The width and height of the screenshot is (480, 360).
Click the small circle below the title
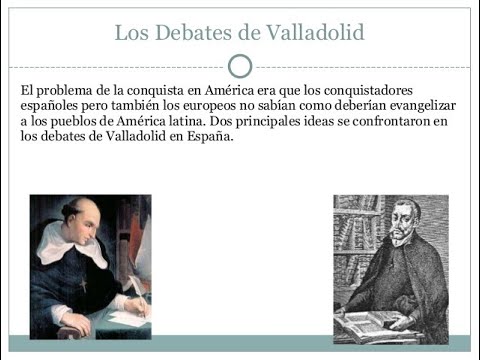(240, 66)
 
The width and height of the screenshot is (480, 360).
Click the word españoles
(51, 106)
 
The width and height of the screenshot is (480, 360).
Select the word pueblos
(79, 121)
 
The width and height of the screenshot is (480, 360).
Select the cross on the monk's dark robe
(81, 285)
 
